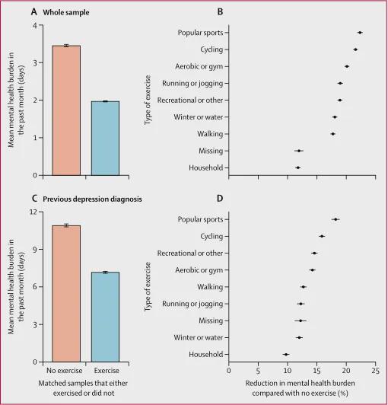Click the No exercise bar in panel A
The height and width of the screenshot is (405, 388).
[66, 110]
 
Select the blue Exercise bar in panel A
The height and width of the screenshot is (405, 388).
[105, 139]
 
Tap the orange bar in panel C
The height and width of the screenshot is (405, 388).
[66, 294]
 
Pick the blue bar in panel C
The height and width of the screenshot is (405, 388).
[105, 317]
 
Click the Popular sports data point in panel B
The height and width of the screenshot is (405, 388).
[360, 33]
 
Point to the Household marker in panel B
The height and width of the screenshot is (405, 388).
[298, 167]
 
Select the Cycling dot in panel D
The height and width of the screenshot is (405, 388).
[322, 236]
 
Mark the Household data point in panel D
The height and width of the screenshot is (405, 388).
[286, 355]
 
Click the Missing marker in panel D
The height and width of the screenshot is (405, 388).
[301, 320]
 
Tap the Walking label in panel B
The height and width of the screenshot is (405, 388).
[210, 134]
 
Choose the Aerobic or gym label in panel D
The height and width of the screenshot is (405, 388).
[199, 270]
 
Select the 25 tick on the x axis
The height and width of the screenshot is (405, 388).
[376, 371]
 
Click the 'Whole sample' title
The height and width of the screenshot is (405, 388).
[66, 12]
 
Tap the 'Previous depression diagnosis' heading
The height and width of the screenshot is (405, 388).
[92, 199]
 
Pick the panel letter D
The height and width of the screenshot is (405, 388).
[220, 199]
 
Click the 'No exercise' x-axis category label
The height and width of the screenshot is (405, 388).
[64, 371]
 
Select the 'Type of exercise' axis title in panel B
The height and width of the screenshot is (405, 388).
[148, 100]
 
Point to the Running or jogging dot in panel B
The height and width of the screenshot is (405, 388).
[340, 83]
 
